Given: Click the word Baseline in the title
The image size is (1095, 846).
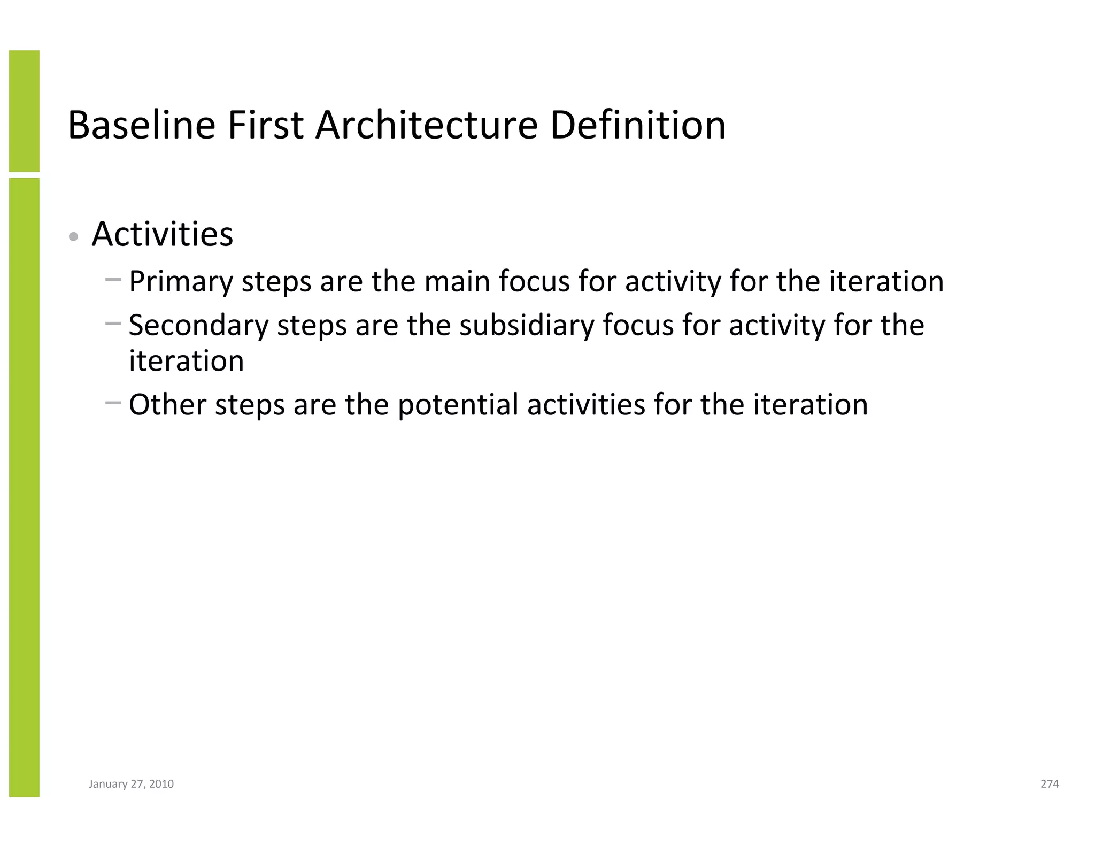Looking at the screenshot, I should pos(142,125).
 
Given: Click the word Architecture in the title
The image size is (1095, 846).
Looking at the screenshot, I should pos(426,125).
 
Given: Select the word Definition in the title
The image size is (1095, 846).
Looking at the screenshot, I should pos(637,125).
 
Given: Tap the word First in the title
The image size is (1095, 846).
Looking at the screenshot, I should pos(265,125).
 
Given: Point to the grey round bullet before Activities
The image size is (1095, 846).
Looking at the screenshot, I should pos(74,236).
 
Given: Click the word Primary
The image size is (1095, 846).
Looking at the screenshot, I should pos(181,282).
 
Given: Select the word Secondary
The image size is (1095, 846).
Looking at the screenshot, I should pos(198,325).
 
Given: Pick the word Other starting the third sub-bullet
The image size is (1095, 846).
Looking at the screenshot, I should pos(167,405).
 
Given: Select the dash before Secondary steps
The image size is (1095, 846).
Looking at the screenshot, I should pos(113,323).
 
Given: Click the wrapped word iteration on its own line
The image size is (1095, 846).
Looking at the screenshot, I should pos(186,361).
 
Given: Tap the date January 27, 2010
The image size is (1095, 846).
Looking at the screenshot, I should pos(131,784).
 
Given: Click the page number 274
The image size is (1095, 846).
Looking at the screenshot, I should pos(1050,784).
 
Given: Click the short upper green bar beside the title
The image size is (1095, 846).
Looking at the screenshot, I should pos(24,111).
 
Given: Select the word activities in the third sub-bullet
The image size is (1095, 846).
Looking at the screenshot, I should pos(586,405).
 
